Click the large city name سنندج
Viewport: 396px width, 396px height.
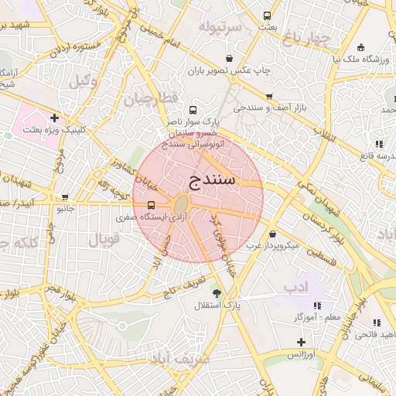pos(210,181)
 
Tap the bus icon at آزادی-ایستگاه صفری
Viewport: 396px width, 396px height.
pos(150,206)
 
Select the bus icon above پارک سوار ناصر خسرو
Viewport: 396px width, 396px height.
pos(193,110)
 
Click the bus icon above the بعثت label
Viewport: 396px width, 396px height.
pos(268,15)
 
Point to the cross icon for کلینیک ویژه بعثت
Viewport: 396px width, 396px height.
pos(54,118)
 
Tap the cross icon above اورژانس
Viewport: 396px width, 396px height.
pos(301,342)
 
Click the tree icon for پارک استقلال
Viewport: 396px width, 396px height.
pos(217,294)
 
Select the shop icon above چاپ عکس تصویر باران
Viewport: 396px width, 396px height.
pos(229,59)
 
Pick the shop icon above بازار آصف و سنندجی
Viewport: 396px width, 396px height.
pos(268,96)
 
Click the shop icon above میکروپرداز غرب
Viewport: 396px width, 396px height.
pos(272,234)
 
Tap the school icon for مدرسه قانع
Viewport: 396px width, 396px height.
pos(378,144)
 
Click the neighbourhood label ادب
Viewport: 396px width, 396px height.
pos(295,288)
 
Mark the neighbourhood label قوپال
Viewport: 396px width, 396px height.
pos(104,240)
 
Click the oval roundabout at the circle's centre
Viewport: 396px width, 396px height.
pos(181,205)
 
